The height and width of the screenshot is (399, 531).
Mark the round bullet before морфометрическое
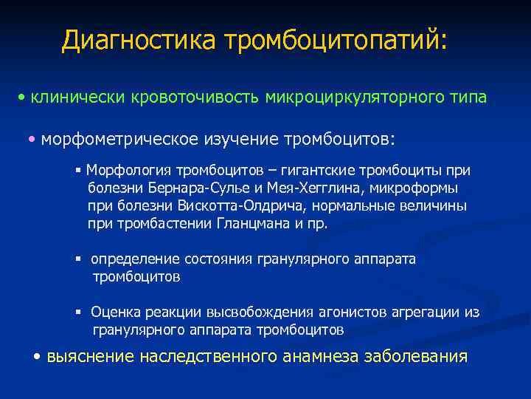32,139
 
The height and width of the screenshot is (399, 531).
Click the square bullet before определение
77,259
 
